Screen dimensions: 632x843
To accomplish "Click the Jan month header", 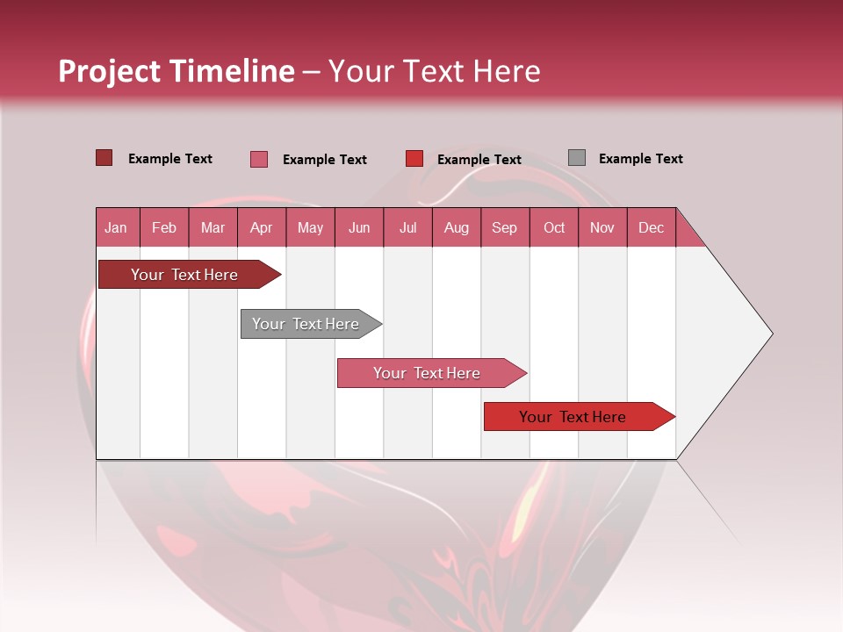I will click(116, 227).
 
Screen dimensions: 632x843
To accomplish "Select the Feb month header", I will click(164, 227).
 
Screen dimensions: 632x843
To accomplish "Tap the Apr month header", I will click(262, 227).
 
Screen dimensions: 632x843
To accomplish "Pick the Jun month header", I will click(359, 227).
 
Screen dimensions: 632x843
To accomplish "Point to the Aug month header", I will click(457, 227).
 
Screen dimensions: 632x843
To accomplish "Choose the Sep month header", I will click(504, 227).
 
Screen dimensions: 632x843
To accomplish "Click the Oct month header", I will click(554, 227).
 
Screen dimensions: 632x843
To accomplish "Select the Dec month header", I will click(651, 227).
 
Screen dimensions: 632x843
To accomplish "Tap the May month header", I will click(310, 227).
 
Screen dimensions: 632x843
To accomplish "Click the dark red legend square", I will click(104, 158).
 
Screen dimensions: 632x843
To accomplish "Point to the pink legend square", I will click(259, 159).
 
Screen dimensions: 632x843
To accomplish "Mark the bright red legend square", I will click(414, 159).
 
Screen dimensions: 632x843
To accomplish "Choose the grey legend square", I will click(576, 158).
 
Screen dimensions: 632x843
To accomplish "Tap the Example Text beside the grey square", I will click(640, 159).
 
